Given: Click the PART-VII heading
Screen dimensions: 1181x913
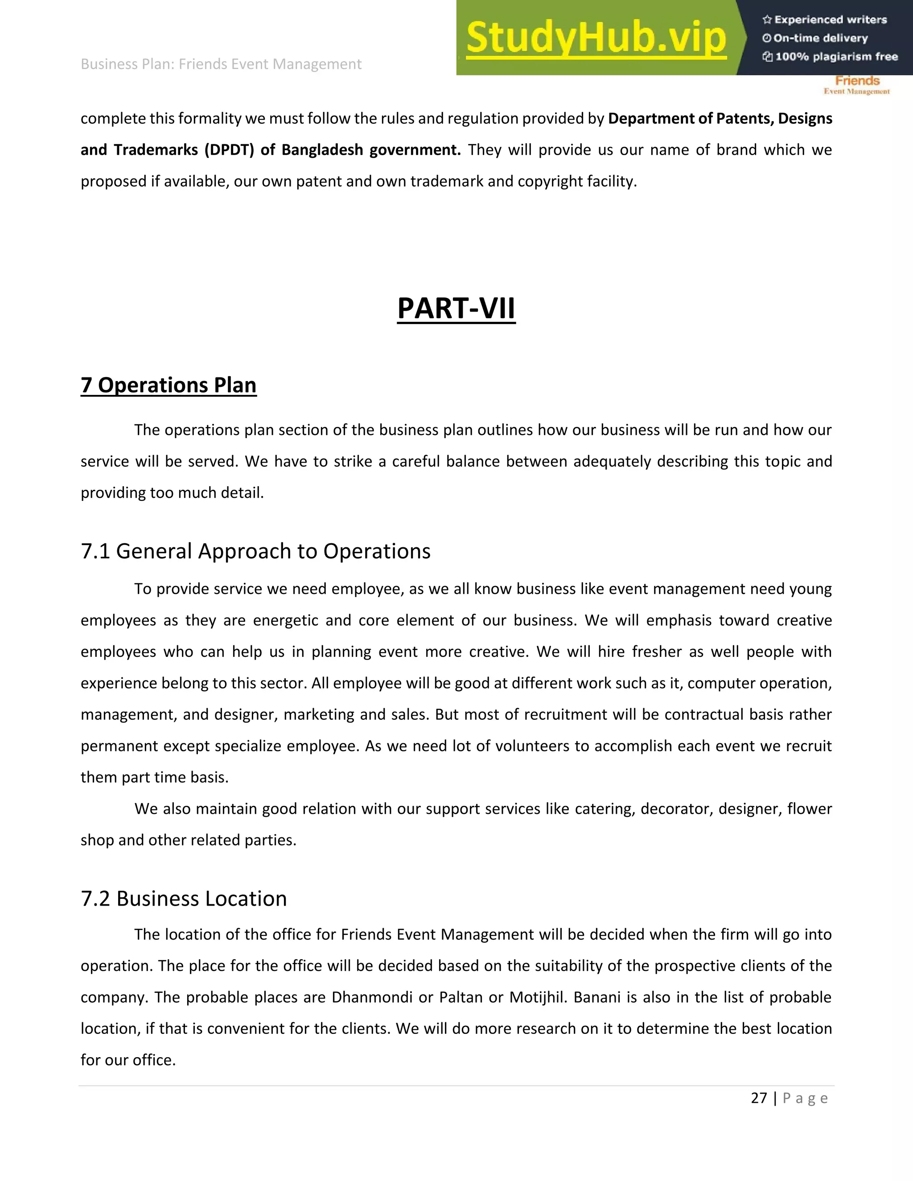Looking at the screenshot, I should click(x=456, y=309).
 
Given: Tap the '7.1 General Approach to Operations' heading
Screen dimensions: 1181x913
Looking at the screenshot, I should click(x=255, y=551).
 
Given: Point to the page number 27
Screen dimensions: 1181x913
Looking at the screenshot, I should click(x=759, y=1098).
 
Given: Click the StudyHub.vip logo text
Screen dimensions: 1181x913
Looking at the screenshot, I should click(x=596, y=38).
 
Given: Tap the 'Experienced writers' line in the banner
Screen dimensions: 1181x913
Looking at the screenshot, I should click(x=830, y=20).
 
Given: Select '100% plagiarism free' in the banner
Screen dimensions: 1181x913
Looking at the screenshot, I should click(x=836, y=57).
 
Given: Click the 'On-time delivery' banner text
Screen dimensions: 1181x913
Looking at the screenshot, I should click(x=820, y=38).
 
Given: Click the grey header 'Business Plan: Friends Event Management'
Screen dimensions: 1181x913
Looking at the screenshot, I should click(x=221, y=64).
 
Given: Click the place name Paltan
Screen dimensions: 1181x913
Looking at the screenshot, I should click(x=460, y=997).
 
